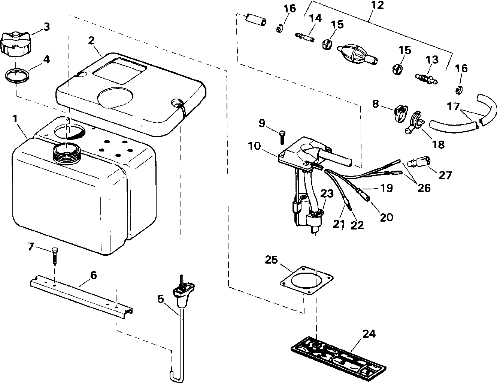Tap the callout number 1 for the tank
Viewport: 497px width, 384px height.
15,119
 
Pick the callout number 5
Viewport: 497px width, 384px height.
160,299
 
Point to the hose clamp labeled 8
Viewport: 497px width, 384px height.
400,112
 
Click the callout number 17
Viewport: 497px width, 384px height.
453,107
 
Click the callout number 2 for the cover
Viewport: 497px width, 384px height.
91,40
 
